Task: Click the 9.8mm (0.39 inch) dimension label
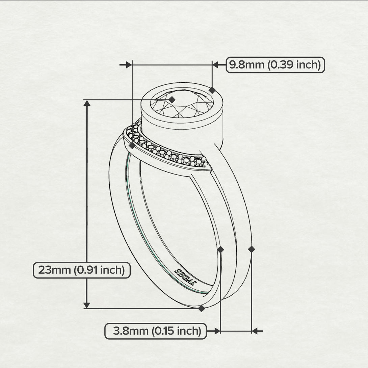(x=275, y=65)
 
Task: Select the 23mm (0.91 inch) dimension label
(x=82, y=270)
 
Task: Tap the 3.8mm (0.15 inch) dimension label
(x=155, y=331)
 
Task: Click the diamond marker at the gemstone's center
(x=172, y=100)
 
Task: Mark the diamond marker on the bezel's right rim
(x=212, y=90)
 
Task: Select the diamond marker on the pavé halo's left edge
(x=132, y=145)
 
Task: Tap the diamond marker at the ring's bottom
(x=202, y=308)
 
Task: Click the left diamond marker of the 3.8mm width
(x=220, y=249)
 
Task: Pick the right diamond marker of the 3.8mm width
(x=252, y=249)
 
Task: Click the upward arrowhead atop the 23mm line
(x=87, y=103)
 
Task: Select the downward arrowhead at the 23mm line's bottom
(x=87, y=305)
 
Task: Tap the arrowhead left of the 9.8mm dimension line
(x=129, y=65)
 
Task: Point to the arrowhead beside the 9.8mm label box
(x=216, y=65)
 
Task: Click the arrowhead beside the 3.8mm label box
(x=217, y=331)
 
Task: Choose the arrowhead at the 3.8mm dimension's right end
(x=255, y=331)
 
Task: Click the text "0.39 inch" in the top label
(x=294, y=65)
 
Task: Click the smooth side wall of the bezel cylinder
(x=182, y=135)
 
